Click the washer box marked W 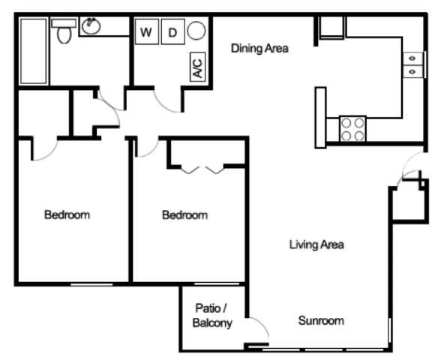point(147,31)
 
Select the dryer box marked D point(172,31)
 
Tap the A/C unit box point(197,67)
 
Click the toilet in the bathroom point(64,31)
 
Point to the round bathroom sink point(91,26)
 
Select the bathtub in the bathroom point(34,51)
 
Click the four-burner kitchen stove point(352,128)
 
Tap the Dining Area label point(259,48)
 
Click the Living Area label point(316,244)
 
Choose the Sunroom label point(321,321)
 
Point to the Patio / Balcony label point(212,316)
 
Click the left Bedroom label point(67,214)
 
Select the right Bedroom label point(184,215)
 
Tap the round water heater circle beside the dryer point(196,31)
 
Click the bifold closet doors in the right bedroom point(202,170)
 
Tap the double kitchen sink point(412,64)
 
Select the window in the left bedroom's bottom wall point(91,284)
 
